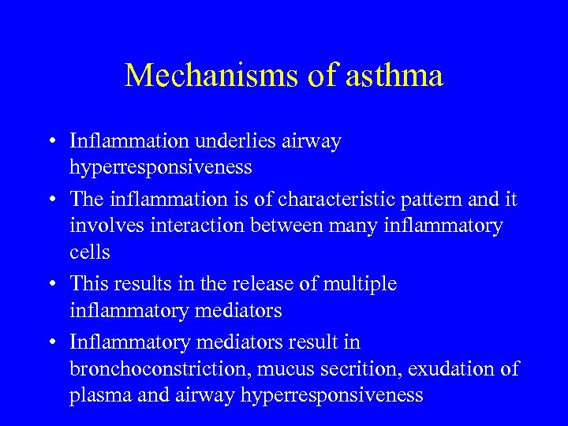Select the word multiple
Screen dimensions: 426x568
[360, 284]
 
